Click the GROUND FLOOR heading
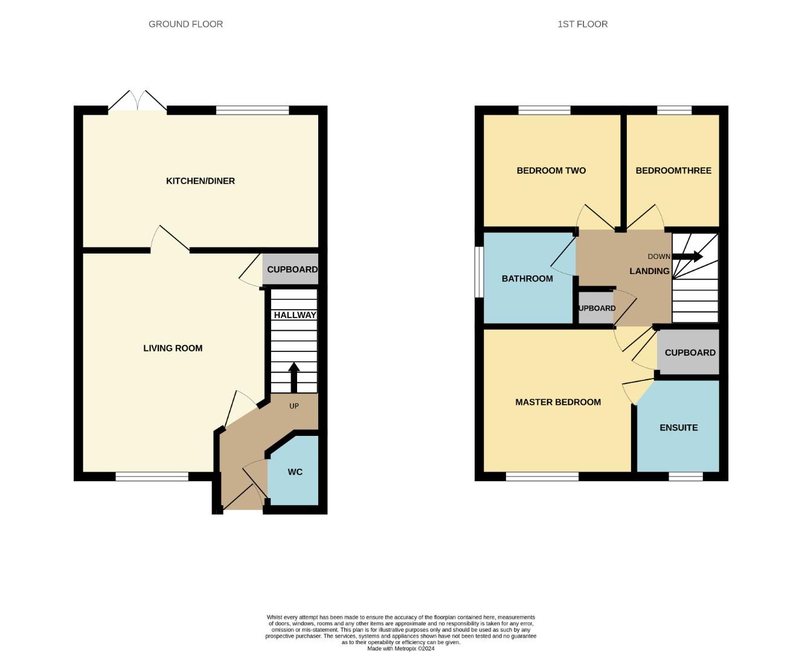pyautogui.click(x=185, y=24)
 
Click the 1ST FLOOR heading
pyautogui.click(x=582, y=24)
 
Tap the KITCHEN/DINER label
pyautogui.click(x=200, y=181)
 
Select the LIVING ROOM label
pyautogui.click(x=173, y=348)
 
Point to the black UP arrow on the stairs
pyautogui.click(x=294, y=377)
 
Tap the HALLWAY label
pyautogui.click(x=295, y=315)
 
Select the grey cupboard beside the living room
pyautogui.click(x=291, y=270)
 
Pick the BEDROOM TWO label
pyautogui.click(x=551, y=171)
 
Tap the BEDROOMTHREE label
pyautogui.click(x=673, y=171)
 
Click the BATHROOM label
pyautogui.click(x=527, y=279)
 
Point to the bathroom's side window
pyautogui.click(x=478, y=272)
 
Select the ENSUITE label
pyautogui.click(x=678, y=427)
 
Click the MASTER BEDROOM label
pyautogui.click(x=557, y=402)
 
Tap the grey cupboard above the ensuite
pyautogui.click(x=690, y=353)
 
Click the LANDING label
pyautogui.click(x=649, y=271)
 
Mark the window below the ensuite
pyautogui.click(x=685, y=476)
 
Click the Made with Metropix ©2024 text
pyautogui.click(x=400, y=648)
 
